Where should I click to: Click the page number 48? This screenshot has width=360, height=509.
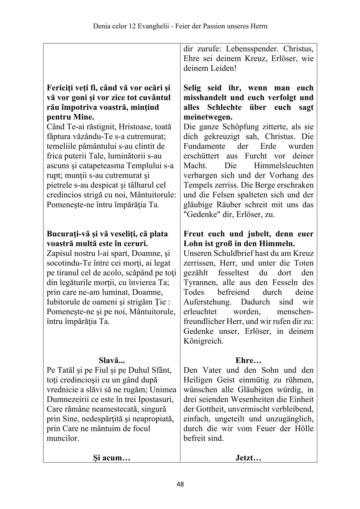click(x=180, y=484)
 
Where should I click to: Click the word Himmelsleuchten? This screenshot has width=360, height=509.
click(x=284, y=166)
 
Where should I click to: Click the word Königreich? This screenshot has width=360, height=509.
click(x=203, y=341)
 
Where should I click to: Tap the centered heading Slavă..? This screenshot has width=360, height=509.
click(x=112, y=361)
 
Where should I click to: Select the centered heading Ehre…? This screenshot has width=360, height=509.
click(x=248, y=361)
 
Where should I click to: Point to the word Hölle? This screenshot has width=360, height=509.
click(x=304, y=429)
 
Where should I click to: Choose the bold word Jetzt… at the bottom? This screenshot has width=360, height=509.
click(x=248, y=458)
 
